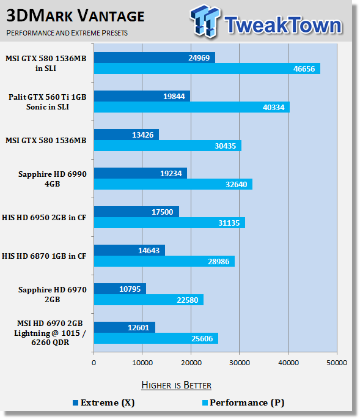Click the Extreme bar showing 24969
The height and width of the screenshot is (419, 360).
[x=155, y=57]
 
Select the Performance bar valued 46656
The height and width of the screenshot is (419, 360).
[x=207, y=69]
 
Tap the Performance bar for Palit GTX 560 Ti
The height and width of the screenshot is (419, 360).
[x=192, y=107]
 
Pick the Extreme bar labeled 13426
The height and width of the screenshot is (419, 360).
[x=127, y=135]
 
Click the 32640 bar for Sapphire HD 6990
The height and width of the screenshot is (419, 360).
[x=173, y=184]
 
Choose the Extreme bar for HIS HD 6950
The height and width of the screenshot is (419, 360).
[x=136, y=212]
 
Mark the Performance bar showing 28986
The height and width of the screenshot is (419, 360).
[x=164, y=261]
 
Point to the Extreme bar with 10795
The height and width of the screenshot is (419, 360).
[x=120, y=289]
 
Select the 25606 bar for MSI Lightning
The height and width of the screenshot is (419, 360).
[x=156, y=338]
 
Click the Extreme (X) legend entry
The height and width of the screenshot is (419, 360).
[x=104, y=402]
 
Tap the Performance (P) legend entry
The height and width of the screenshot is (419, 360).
[x=243, y=402]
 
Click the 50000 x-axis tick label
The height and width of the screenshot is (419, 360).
[x=337, y=363]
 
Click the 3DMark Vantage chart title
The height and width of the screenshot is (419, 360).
[x=75, y=16]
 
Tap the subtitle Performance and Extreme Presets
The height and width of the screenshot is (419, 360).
[x=67, y=33]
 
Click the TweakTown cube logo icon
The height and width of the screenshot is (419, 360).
[x=205, y=21]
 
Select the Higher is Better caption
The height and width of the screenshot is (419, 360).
[x=176, y=385]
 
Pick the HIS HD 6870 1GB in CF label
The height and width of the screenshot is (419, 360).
[x=44, y=256]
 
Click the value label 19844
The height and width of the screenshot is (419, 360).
[x=174, y=96]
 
